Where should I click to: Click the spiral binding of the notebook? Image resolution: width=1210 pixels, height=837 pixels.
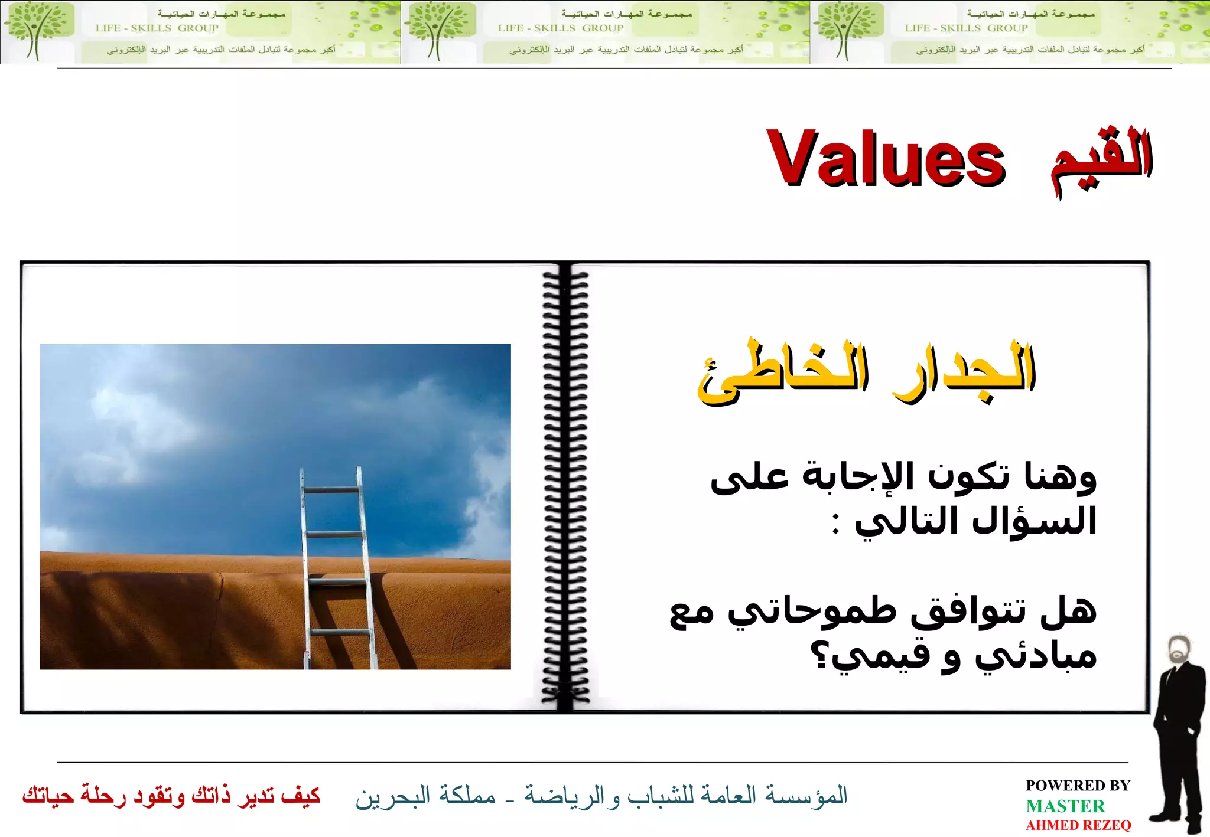point(565,487)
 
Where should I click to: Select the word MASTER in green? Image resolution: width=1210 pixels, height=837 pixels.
point(1065,806)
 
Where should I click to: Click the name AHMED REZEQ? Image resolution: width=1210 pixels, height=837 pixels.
point(1078,825)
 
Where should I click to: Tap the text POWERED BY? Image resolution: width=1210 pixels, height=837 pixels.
point(1078,786)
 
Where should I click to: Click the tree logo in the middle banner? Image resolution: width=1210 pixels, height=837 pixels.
point(438,31)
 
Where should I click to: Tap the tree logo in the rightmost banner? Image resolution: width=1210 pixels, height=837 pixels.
point(847,31)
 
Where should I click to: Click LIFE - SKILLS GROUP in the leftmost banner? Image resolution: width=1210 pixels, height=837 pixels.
point(157,28)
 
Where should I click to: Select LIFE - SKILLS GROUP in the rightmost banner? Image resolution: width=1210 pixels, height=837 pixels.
point(967,28)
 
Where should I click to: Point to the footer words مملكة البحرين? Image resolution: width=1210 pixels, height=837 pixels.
point(425,796)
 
